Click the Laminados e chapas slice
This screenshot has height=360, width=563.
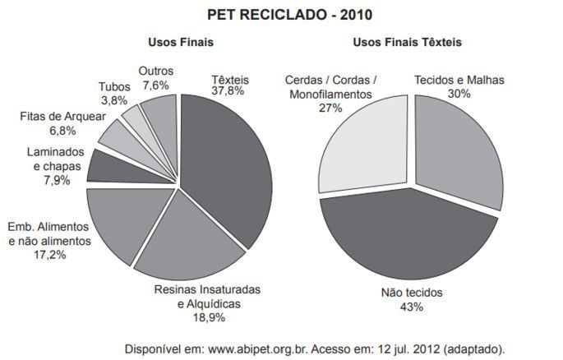tap(107, 166)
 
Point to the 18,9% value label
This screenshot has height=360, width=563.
tap(208, 317)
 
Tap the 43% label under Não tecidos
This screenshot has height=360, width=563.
tap(411, 307)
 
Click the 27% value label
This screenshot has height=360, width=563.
tap(330, 107)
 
